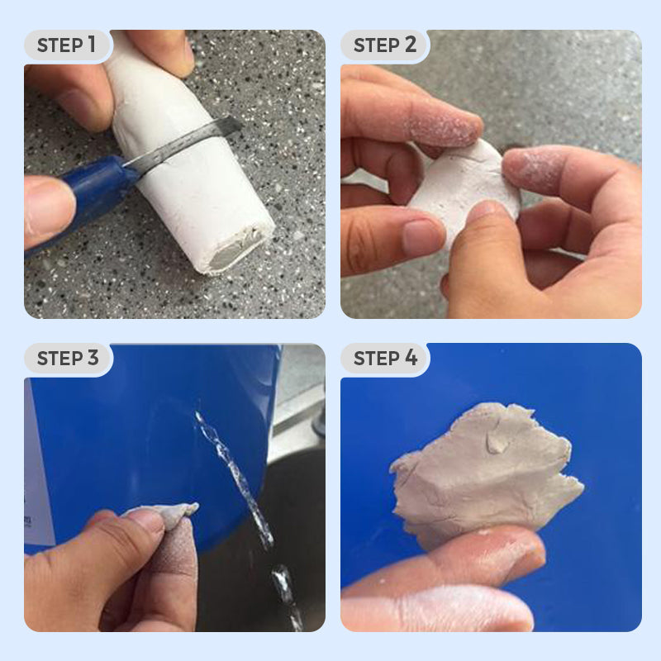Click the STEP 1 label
(x=67, y=45)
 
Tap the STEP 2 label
(x=385, y=45)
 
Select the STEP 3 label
(x=68, y=358)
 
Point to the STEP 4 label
(x=385, y=358)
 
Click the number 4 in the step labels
(x=411, y=358)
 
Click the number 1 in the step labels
(x=92, y=45)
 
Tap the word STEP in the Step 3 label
(x=59, y=358)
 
